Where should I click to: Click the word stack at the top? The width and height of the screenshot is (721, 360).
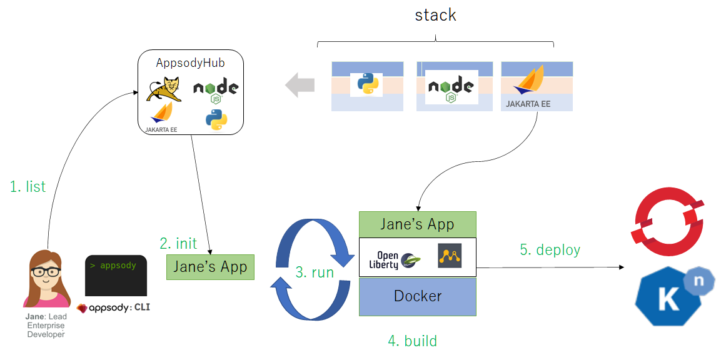(x=435, y=15)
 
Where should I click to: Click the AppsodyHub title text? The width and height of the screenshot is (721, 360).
(x=190, y=63)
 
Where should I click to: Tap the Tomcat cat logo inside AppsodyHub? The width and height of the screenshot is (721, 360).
(x=164, y=88)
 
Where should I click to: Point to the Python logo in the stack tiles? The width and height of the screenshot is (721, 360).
(x=366, y=83)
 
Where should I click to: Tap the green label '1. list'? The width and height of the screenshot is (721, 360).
(x=28, y=186)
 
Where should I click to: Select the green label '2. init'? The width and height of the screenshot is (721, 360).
(x=178, y=243)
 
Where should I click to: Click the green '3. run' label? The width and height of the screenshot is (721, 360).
(x=314, y=272)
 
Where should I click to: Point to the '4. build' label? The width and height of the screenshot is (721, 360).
(x=412, y=341)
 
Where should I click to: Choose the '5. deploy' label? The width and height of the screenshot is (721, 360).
(x=550, y=250)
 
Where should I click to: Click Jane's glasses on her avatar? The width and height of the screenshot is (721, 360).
(x=46, y=272)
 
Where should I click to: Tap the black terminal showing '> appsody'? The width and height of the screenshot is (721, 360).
(x=116, y=276)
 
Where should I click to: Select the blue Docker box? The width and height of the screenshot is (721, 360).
(x=417, y=296)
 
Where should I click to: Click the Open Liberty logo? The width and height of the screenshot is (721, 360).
(x=398, y=257)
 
